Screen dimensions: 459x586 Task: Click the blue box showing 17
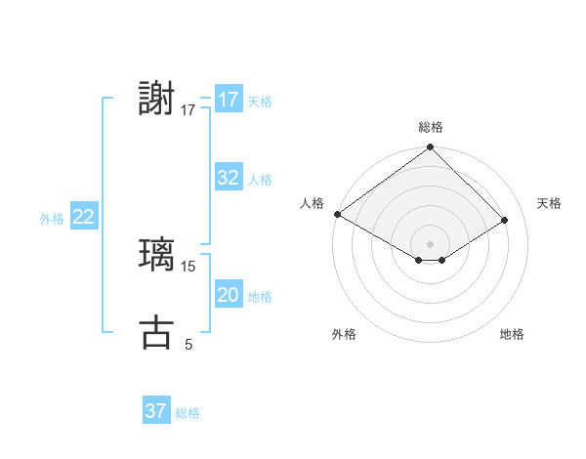pos(228,100)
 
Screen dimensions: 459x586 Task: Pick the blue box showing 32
pos(228,178)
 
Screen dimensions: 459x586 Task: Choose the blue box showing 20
pos(228,295)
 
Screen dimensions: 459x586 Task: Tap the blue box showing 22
pos(83,217)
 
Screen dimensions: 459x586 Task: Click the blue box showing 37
pos(155,411)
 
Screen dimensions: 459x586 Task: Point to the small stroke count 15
pos(188,266)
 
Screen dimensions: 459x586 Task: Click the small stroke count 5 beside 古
pos(188,344)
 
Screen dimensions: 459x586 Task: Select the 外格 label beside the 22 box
pos(52,219)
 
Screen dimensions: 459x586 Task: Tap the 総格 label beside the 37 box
pos(188,413)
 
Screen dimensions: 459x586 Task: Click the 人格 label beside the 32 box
pos(260,180)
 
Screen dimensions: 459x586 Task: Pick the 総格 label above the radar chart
pos(430,127)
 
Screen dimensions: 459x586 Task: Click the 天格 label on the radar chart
pos(549,203)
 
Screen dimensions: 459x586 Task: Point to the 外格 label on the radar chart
pos(344,334)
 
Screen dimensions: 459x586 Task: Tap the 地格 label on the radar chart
pos(512,334)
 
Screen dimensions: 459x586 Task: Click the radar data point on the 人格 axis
pos(337,214)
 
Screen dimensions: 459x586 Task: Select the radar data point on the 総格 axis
pos(430,147)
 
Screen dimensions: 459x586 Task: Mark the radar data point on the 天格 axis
pos(505,220)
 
